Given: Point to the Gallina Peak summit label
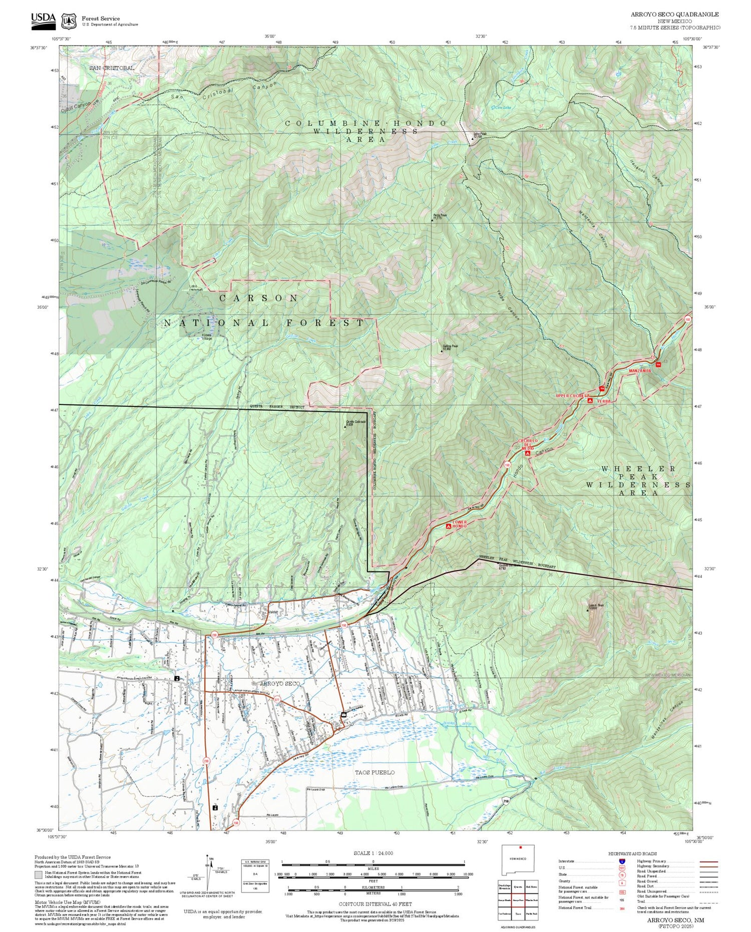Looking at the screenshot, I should coord(450,347).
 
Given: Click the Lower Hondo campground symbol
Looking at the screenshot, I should coord(448,526).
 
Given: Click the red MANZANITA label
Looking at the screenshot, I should coord(640,371).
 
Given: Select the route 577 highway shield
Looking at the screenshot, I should coord(276,699).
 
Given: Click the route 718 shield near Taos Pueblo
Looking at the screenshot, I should coord(507,800).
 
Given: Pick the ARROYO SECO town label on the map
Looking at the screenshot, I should coord(280,683).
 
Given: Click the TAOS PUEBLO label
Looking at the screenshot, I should coord(374,772).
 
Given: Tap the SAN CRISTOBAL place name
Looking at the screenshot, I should coord(112,68).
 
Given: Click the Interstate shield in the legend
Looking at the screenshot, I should coord(622,861).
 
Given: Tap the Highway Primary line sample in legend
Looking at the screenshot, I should coord(706,862).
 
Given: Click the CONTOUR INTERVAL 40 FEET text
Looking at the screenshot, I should coord(375,904).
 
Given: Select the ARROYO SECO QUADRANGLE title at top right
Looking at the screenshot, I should coord(674,14).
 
